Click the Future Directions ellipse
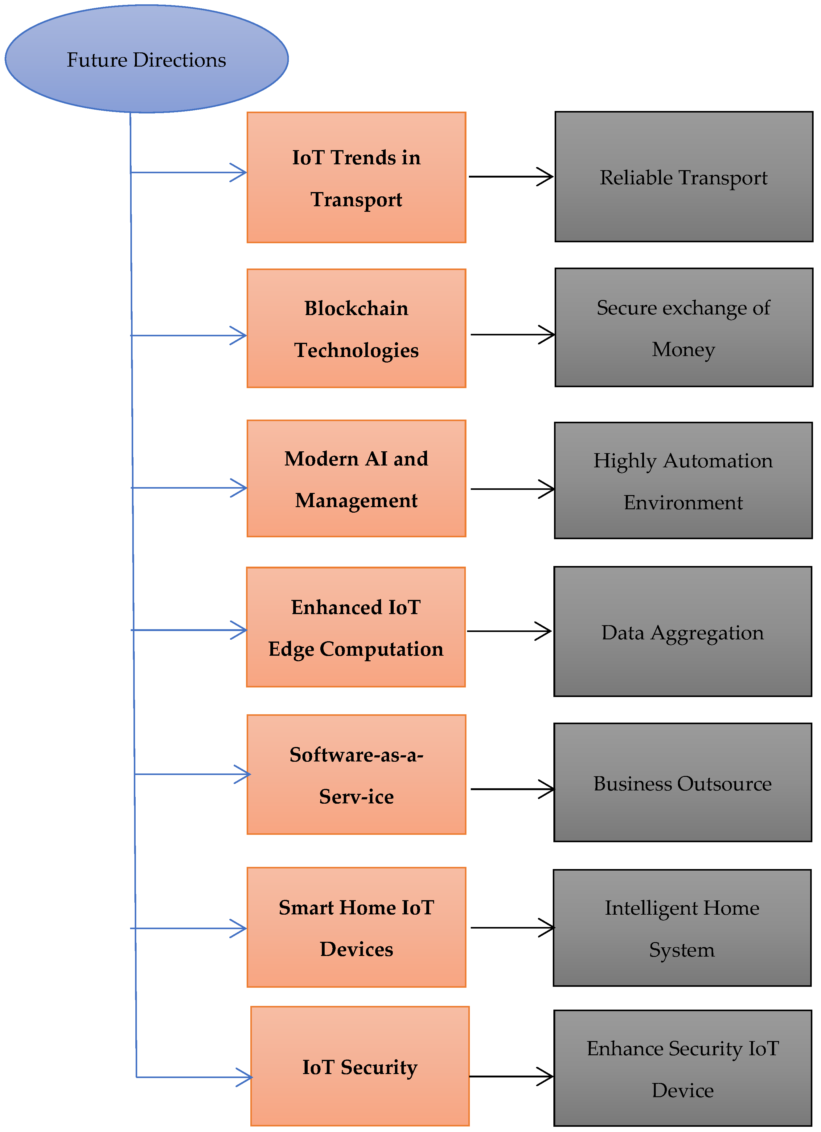point(146,59)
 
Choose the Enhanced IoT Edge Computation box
point(355,627)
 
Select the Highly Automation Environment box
point(683,480)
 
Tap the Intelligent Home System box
point(682,928)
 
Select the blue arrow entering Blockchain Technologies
point(189,335)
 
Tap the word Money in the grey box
point(683,349)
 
